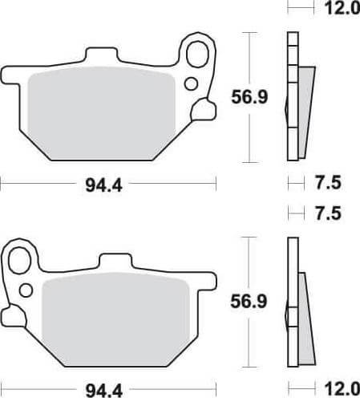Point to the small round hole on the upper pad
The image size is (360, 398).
point(190,83)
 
